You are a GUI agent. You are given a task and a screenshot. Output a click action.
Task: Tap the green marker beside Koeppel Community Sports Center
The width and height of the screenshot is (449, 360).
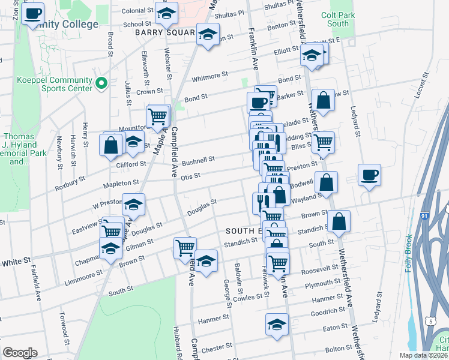click(101, 83)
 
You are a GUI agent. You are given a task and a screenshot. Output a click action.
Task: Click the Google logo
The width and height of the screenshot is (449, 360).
click(20, 353)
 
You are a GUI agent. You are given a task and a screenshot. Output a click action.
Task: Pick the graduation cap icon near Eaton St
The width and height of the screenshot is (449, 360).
click(276, 325)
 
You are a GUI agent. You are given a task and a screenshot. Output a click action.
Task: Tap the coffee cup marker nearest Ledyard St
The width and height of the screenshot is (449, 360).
click(369, 175)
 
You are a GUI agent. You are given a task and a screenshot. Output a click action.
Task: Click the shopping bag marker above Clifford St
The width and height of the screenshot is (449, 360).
click(111, 145)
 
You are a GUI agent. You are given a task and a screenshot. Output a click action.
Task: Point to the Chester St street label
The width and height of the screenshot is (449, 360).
click(217, 347)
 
